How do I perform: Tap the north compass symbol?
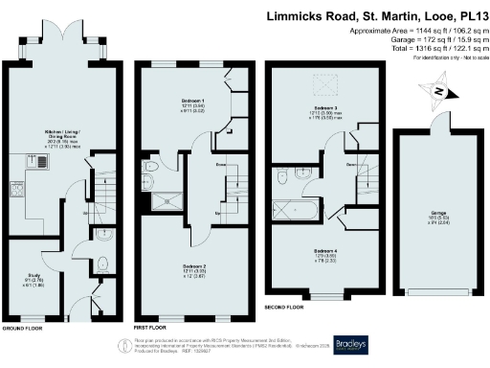point(437,91)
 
